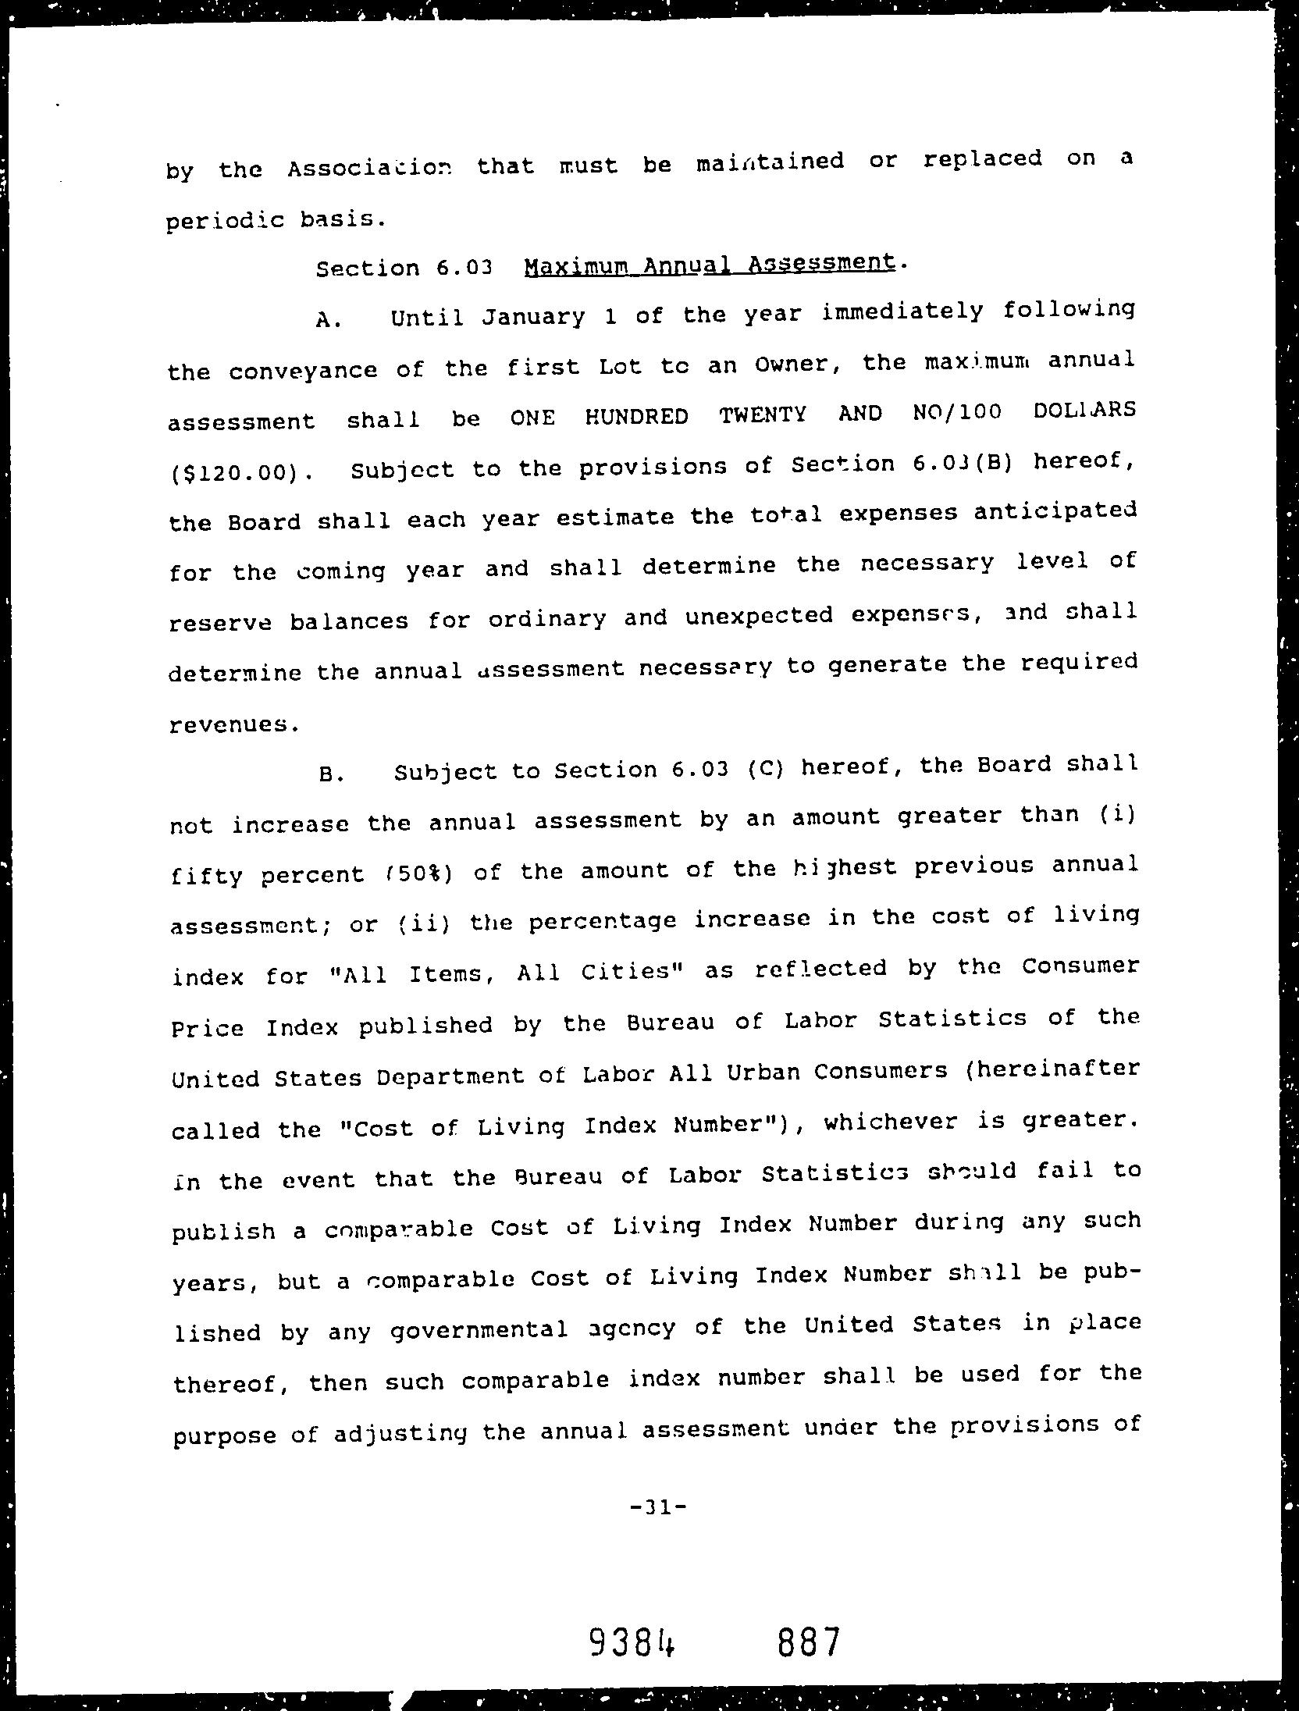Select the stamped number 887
[x=808, y=1642]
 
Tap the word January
[x=532, y=316]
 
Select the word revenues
[x=232, y=725]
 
